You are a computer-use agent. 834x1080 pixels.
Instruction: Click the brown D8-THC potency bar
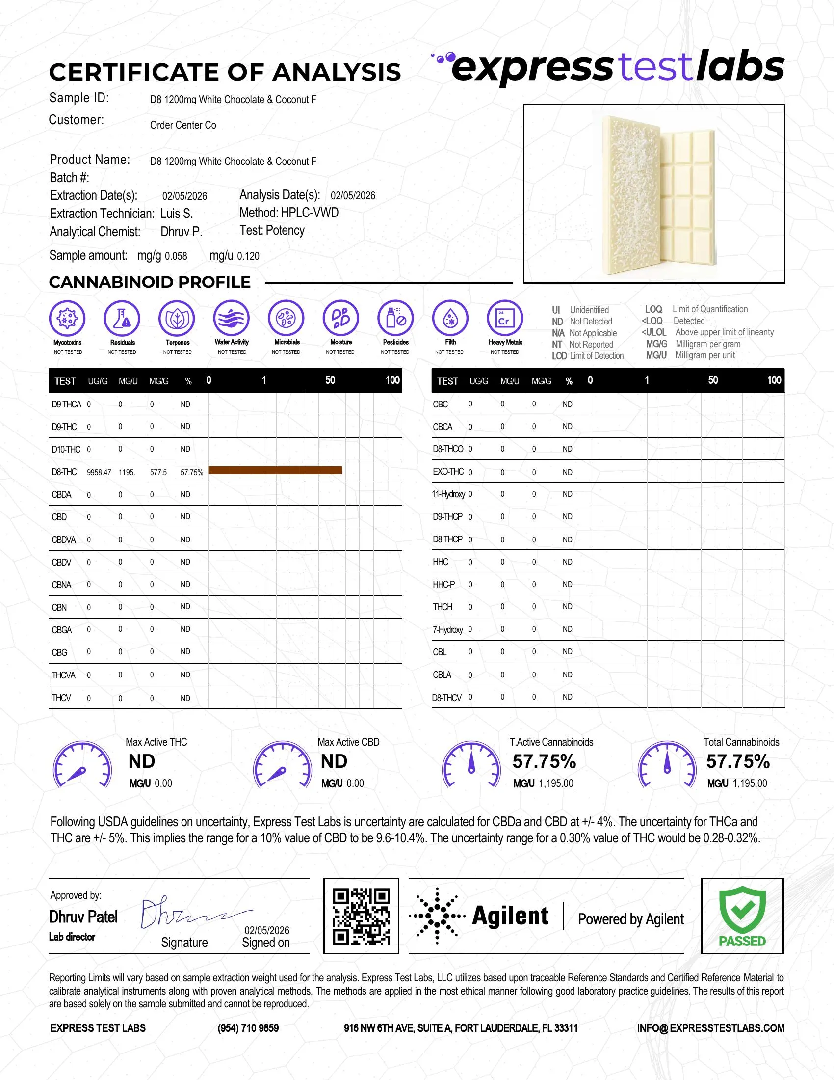pyautogui.click(x=275, y=470)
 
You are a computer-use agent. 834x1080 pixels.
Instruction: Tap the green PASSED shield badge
pyautogui.click(x=742, y=916)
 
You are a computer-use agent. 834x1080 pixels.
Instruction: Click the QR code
pyautogui.click(x=361, y=917)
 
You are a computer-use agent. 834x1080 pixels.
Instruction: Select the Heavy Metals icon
pyautogui.click(x=504, y=318)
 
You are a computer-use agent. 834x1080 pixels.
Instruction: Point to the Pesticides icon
pyautogui.click(x=395, y=318)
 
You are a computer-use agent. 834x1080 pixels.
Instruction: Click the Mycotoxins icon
pyautogui.click(x=68, y=318)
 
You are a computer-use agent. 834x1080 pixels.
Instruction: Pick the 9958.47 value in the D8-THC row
pyautogui.click(x=99, y=472)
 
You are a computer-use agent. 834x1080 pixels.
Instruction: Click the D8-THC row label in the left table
pyautogui.click(x=64, y=472)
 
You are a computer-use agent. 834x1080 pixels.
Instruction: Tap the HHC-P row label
pyautogui.click(x=443, y=585)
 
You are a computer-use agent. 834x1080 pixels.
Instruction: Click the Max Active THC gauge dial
pyautogui.click(x=82, y=764)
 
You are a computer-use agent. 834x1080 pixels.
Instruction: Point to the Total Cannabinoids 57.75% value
pyautogui.click(x=738, y=761)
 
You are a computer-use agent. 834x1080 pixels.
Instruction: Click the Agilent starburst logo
pyautogui.click(x=437, y=916)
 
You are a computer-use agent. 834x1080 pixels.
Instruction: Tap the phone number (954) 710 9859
pyautogui.click(x=248, y=1028)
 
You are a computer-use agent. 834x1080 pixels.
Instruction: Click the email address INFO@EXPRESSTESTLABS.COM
pyautogui.click(x=710, y=1028)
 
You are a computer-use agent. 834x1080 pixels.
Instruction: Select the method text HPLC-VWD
pyautogui.click(x=309, y=213)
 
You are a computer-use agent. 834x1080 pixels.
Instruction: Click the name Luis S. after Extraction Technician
pyautogui.click(x=177, y=214)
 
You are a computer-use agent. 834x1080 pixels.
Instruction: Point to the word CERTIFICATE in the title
pyautogui.click(x=134, y=72)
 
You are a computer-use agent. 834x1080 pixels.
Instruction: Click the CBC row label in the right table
pyautogui.click(x=440, y=404)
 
